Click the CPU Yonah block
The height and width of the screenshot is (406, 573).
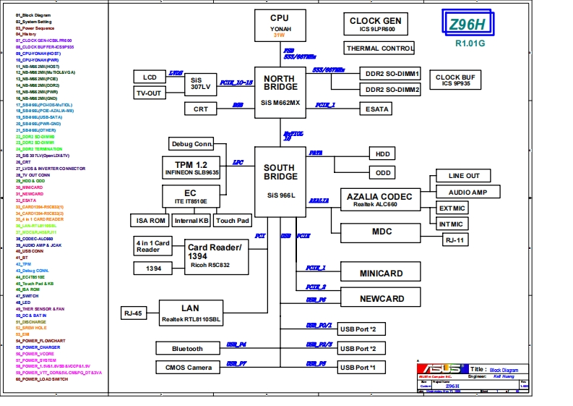pos(280,25)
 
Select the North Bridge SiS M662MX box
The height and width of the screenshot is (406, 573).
pos(280,90)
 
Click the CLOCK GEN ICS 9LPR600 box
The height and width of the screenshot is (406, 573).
pos(375,25)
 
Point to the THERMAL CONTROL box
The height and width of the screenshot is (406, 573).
pos(379,48)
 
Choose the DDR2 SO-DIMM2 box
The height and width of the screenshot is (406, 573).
pos(392,89)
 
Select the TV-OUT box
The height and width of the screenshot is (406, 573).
pos(149,93)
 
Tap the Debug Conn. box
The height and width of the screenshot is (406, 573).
pos(191,143)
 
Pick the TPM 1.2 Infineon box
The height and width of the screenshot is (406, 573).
pos(191,169)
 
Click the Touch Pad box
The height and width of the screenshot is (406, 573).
pos(232,220)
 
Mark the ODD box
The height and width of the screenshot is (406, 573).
pos(383,173)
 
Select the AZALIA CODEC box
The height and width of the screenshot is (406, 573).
pos(379,200)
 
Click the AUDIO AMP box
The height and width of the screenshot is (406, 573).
pos(468,192)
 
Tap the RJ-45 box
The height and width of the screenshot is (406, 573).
pos(133,313)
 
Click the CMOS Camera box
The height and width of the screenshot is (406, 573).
pos(187,367)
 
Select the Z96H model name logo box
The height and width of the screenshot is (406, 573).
pos(466,24)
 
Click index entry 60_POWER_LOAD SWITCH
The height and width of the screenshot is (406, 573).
pos(44,379)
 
